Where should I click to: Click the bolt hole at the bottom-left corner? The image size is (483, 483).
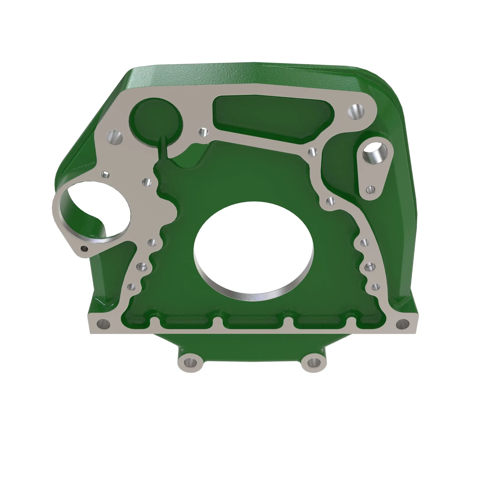click(x=103, y=325)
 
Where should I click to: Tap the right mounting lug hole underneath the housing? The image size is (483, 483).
click(x=313, y=362)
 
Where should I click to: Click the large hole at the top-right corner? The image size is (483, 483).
click(x=356, y=112)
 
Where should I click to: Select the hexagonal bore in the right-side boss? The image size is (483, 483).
click(x=374, y=153)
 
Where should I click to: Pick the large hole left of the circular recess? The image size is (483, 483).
click(x=115, y=137)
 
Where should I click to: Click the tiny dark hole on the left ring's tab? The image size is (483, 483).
click(x=84, y=249)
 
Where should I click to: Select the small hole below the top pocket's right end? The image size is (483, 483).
click(x=312, y=152)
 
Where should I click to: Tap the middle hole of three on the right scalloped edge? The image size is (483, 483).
click(x=369, y=267)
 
